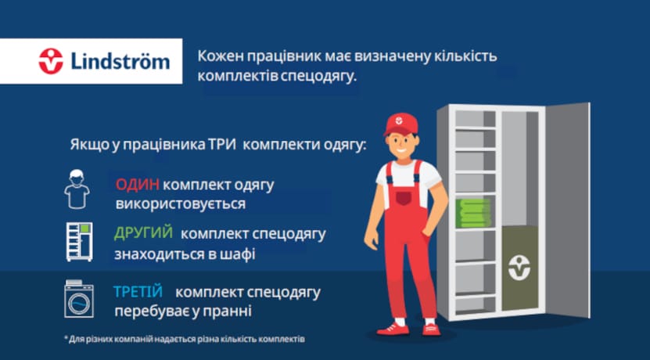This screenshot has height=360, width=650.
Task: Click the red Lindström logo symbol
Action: (x=51, y=61)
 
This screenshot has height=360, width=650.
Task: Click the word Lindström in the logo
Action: (x=120, y=61)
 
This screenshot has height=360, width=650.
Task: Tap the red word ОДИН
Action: (x=137, y=185)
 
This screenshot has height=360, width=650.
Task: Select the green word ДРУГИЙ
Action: (x=143, y=233)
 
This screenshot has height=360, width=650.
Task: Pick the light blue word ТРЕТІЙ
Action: (x=138, y=292)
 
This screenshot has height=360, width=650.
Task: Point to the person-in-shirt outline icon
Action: (x=77, y=189)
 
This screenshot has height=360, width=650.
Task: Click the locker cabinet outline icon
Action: (x=79, y=242)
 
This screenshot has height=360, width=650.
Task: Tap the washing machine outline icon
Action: (x=79, y=299)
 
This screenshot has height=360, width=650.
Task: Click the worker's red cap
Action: (x=400, y=124)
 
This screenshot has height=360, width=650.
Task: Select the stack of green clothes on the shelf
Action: (x=473, y=213)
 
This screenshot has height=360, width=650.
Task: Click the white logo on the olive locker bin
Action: (x=519, y=268)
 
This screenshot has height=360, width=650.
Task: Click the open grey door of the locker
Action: (x=566, y=211)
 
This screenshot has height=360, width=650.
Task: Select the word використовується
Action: (x=181, y=204)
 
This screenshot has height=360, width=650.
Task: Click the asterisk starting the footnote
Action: (x=66, y=338)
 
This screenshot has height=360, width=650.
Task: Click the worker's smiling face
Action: (x=398, y=146)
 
